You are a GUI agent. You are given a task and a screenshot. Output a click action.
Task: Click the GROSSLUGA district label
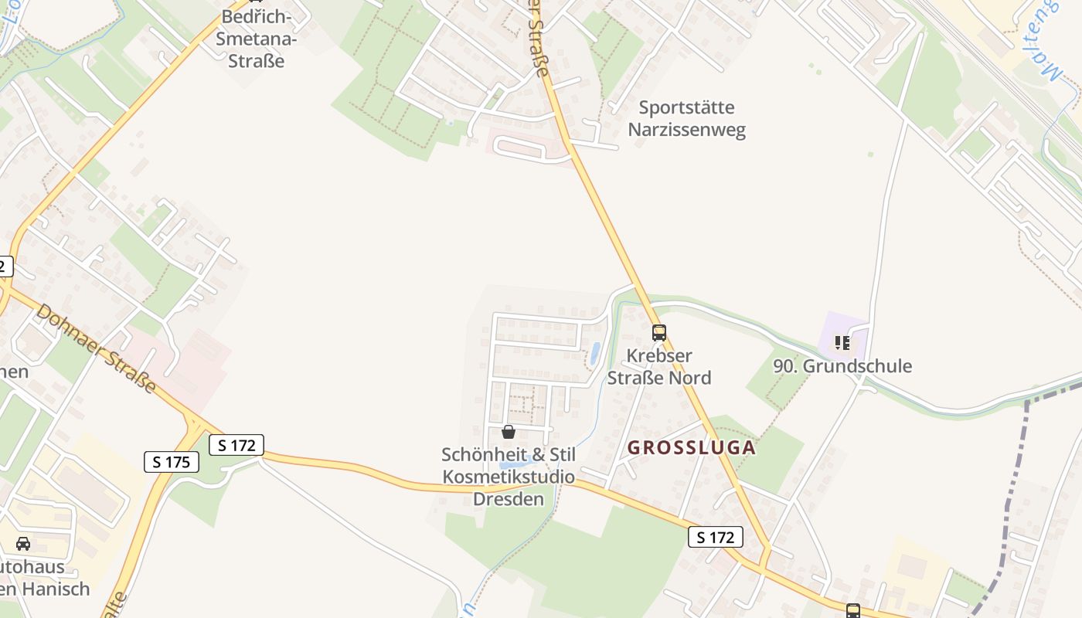pos(691,448)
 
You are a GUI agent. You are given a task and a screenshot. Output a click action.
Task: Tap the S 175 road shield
pos(172,462)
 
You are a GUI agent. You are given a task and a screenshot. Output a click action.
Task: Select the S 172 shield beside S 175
pos(236,445)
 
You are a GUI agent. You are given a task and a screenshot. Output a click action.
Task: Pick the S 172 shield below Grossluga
pos(715,537)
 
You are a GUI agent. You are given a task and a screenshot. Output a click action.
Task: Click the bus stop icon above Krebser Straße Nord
pos(658,333)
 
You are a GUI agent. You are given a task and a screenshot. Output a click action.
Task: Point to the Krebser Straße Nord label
pos(659,367)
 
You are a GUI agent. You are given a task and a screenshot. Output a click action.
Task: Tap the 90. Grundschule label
pos(842,366)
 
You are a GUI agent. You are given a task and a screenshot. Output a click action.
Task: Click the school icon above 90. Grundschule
pos(842,342)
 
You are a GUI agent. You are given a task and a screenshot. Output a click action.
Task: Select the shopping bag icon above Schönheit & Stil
pos(508,432)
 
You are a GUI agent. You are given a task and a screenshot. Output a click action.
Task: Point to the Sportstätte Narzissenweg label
pos(686,118)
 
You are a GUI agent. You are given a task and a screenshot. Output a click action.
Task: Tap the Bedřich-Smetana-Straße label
pos(256,38)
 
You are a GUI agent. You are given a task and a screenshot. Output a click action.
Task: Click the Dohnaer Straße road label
pos(96,347)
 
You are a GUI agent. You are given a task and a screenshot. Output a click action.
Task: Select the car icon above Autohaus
pos(23,544)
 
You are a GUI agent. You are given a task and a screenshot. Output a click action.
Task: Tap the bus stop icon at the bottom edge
pos(852,611)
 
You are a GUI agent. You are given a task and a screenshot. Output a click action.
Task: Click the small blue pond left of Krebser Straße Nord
pos(594,354)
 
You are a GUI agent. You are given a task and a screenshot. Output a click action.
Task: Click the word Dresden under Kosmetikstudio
pos(509,498)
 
